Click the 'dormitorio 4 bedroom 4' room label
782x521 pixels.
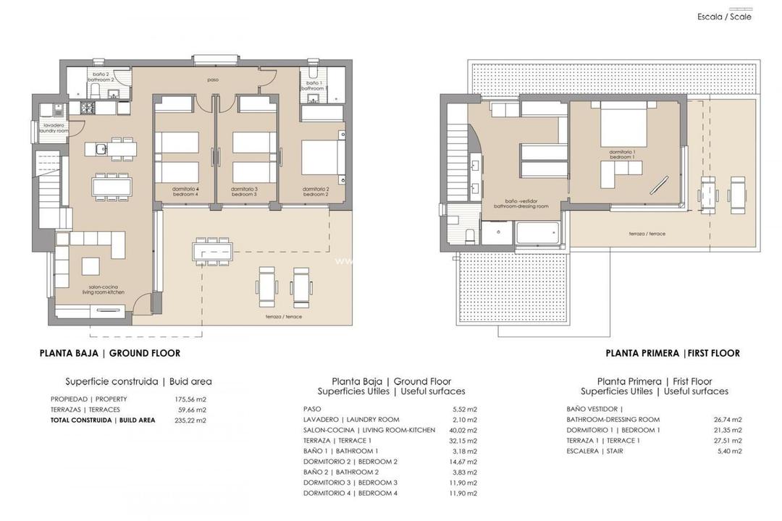coord(185,192)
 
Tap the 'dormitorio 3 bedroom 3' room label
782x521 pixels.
coord(244,192)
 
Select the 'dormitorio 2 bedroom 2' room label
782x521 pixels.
coord(316,192)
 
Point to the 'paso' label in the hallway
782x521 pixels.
coord(212,80)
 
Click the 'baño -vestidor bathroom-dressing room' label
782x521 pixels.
coord(521,204)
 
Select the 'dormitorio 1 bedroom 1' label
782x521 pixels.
coord(622,154)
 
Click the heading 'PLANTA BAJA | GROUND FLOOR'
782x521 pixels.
coord(110,353)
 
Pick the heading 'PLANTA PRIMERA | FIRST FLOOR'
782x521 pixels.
coord(673,353)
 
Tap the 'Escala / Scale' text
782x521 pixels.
coord(724,17)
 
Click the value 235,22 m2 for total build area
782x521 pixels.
coord(191,420)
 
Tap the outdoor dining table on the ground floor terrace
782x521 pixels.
coord(212,251)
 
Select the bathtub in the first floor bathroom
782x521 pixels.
coord(537,233)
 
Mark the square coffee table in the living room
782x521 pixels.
coord(91,266)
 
